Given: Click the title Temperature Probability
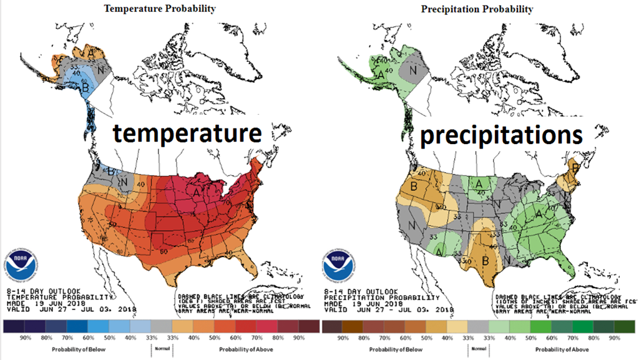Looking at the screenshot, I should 160,9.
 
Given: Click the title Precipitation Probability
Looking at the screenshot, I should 477,9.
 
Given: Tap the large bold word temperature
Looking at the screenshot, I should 186,134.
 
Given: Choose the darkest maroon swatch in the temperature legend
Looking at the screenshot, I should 308,326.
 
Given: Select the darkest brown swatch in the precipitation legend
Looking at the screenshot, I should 332,326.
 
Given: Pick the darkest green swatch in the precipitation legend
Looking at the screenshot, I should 624,326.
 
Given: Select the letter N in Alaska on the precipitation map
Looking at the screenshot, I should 412,71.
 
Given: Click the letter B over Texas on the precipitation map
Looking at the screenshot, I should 467,258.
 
